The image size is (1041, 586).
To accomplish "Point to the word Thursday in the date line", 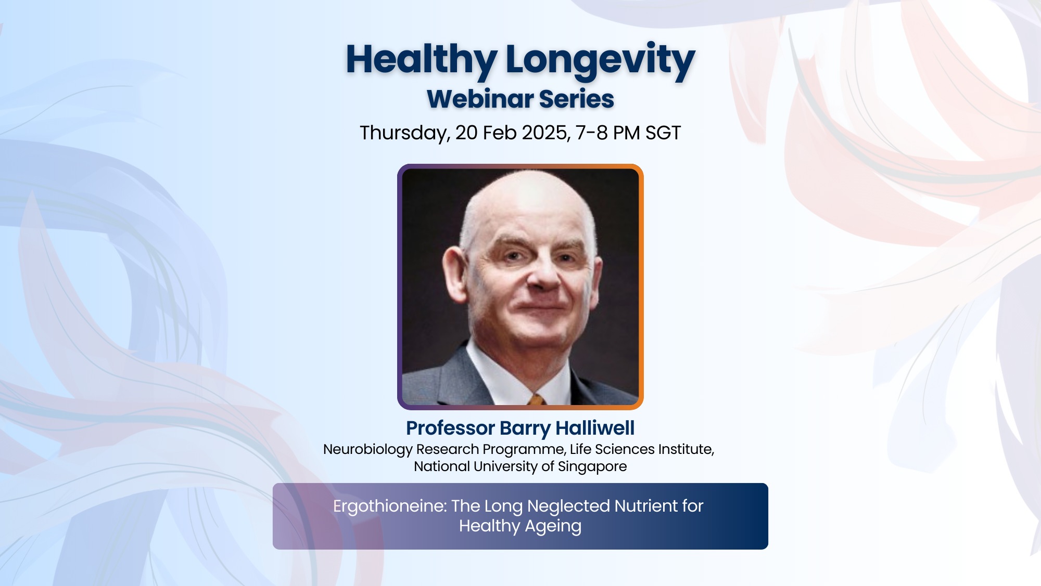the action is point(405,133).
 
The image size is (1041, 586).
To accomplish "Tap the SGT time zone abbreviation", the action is point(663,133).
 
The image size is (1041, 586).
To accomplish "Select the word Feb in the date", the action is point(500,133).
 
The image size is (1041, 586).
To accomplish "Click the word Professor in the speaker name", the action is point(450,428).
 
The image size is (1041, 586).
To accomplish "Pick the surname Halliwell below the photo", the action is point(595,428).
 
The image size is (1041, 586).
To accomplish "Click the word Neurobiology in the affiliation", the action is point(367,449).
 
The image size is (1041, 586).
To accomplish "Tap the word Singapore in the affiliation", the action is point(592,466).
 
